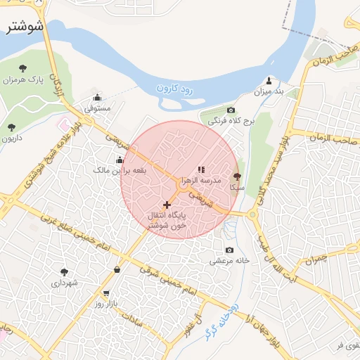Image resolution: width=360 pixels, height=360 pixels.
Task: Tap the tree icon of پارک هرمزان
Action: coord(22,68)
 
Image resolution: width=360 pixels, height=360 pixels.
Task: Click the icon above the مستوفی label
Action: coord(97,98)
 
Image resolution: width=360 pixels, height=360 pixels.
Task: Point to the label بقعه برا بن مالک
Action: coord(120,170)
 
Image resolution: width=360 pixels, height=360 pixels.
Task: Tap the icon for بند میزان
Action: coord(269,80)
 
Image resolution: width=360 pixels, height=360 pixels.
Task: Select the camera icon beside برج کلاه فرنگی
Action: coord(231,110)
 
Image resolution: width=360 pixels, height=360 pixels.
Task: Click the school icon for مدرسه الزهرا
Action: coord(200,169)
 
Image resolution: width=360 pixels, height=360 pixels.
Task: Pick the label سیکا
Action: coord(237,188)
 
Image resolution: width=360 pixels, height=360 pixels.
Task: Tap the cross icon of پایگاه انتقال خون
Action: coord(167,205)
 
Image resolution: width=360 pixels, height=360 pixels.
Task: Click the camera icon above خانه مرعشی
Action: coord(229,250)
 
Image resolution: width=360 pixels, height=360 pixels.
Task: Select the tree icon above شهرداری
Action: coord(65,271)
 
